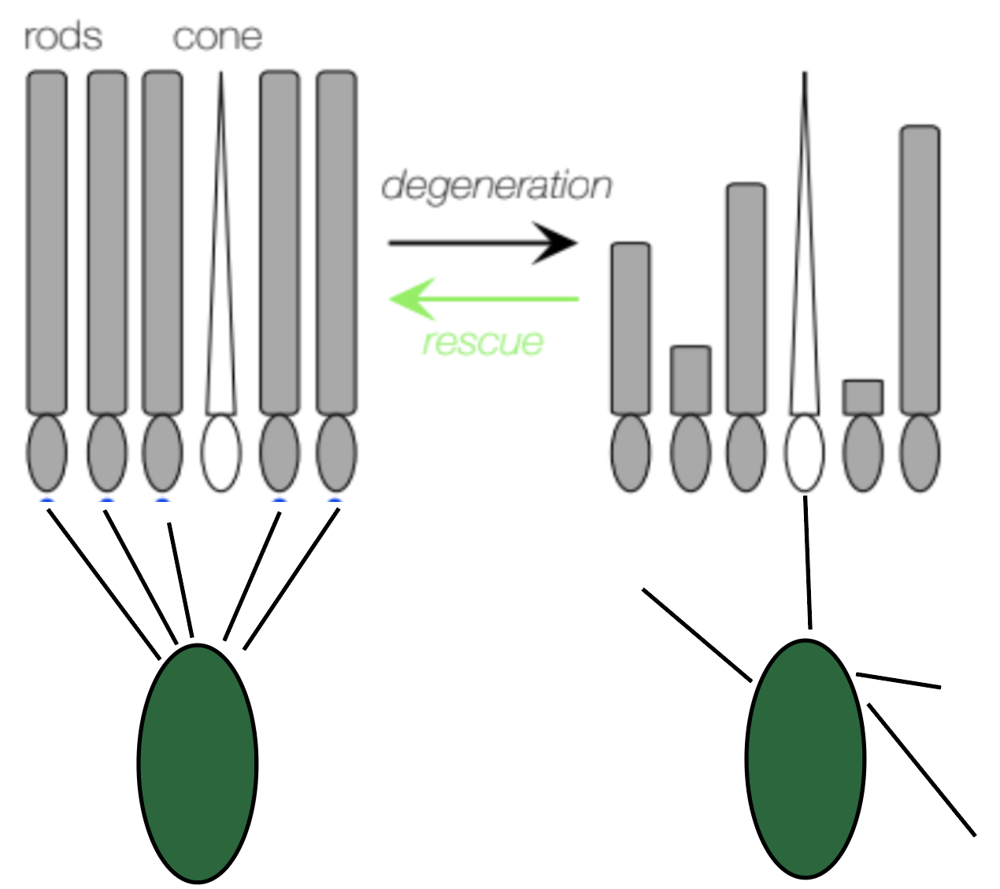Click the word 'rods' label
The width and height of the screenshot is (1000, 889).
coord(63,37)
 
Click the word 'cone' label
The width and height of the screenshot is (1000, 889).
coord(217,37)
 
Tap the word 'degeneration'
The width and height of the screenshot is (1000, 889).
coord(496,186)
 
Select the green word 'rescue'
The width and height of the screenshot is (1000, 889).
coord(483,341)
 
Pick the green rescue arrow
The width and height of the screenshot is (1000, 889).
coord(485,299)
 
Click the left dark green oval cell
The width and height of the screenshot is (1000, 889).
coord(198,762)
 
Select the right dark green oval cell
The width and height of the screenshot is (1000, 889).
coord(806,758)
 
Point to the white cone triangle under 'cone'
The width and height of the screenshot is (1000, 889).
coord(221,315)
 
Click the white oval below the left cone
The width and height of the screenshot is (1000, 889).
coord(221,453)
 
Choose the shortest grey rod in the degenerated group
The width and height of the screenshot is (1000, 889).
coord(863,397)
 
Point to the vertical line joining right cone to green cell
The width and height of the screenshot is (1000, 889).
coord(807,562)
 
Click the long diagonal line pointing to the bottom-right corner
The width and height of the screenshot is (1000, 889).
coord(922,769)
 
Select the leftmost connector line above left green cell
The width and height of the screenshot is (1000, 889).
coord(102,583)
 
